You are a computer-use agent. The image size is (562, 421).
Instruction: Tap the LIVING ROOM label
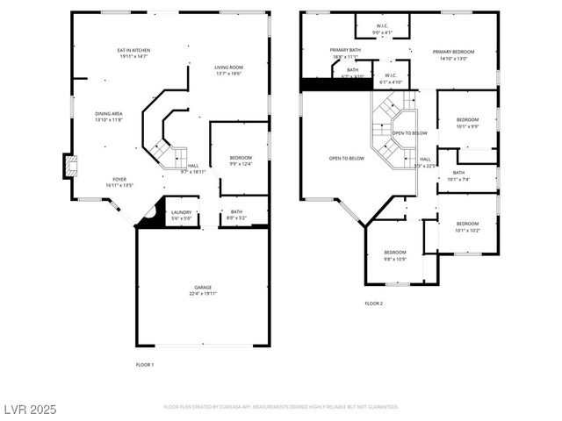coord(229,68)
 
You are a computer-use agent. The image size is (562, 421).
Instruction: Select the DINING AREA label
coord(109,114)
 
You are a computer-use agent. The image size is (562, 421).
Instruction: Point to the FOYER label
coord(119,180)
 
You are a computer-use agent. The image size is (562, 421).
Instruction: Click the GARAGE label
coord(203,288)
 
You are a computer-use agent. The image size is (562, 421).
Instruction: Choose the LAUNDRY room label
coord(182,212)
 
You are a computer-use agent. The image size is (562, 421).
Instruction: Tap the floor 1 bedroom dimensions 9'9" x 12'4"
coord(241,163)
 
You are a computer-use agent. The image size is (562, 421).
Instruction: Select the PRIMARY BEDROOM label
coord(453,52)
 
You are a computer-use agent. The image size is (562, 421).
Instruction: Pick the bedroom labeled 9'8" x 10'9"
coord(394,255)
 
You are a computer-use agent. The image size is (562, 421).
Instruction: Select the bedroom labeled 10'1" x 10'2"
coord(467,226)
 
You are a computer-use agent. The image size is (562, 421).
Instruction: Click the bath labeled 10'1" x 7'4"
coord(458,175)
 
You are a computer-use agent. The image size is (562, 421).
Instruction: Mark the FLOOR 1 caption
coord(145,364)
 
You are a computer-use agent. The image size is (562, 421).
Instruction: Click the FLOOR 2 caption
coord(374,303)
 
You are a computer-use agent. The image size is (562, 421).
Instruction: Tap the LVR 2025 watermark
coord(31,408)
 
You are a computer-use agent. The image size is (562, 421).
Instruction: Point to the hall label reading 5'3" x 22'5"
coord(425,161)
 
